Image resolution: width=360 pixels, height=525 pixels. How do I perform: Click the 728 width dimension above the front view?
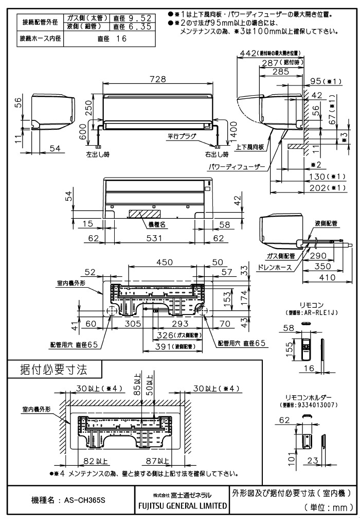(x=159, y=79)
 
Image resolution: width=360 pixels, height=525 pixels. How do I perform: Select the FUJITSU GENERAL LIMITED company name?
(x=182, y=505)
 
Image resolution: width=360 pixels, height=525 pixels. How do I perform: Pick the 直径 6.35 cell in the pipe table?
(x=131, y=26)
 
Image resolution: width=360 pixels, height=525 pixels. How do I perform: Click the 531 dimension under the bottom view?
(x=155, y=238)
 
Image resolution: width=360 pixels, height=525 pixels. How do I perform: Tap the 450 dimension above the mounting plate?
(x=165, y=262)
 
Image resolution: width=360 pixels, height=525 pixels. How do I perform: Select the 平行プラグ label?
(x=182, y=136)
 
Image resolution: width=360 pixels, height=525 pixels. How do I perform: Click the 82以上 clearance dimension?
(x=96, y=460)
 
